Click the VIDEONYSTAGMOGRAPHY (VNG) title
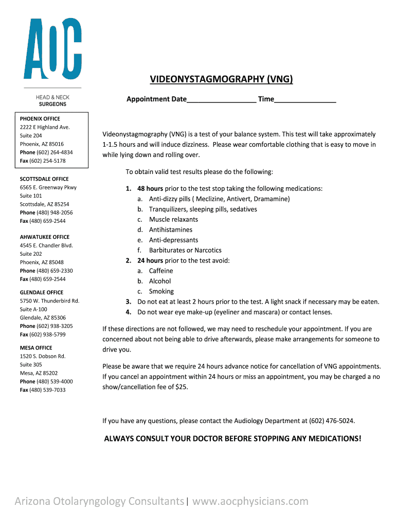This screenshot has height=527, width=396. click(222, 79)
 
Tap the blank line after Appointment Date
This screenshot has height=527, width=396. click(222, 99)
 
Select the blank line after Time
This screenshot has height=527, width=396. click(305, 99)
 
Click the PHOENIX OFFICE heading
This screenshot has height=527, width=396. click(40, 118)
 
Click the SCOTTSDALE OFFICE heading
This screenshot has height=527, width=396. click(44, 179)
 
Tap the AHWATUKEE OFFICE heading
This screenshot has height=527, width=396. click(45, 237)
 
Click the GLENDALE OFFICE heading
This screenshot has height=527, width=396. click(42, 292)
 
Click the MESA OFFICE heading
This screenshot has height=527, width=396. click(36, 348)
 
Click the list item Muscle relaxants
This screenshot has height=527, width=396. click(173, 219)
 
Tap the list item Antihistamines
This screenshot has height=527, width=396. click(171, 230)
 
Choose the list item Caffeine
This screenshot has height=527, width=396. click(161, 271)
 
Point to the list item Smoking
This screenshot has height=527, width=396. click(161, 291)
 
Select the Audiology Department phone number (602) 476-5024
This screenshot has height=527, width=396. click(331, 421)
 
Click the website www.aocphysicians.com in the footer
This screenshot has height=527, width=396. click(250, 501)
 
